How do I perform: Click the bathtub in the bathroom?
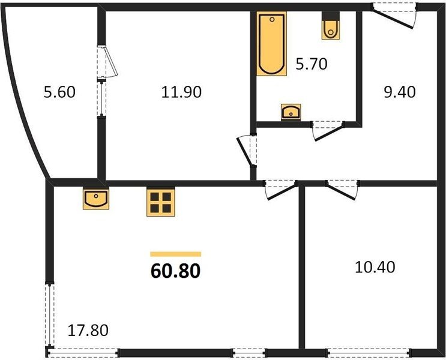point(272,44)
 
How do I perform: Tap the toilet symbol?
point(331,25)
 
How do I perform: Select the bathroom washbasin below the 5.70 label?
point(291,112)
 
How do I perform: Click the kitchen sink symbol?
point(96,198)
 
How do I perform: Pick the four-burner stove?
point(161,202)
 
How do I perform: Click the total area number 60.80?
point(175,271)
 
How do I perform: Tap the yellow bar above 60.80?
point(175,254)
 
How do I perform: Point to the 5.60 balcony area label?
point(59,92)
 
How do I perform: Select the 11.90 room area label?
point(181,92)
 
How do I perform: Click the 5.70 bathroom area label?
point(312,64)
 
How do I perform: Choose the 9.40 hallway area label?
point(400,92)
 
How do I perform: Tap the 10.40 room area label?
point(375,267)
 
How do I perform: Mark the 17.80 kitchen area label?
point(88,331)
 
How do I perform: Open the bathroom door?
point(328,131)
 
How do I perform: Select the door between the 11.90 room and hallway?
point(247,150)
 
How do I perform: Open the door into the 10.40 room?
point(342,190)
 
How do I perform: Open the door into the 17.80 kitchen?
point(281,190)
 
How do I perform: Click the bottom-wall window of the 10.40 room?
point(369,353)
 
